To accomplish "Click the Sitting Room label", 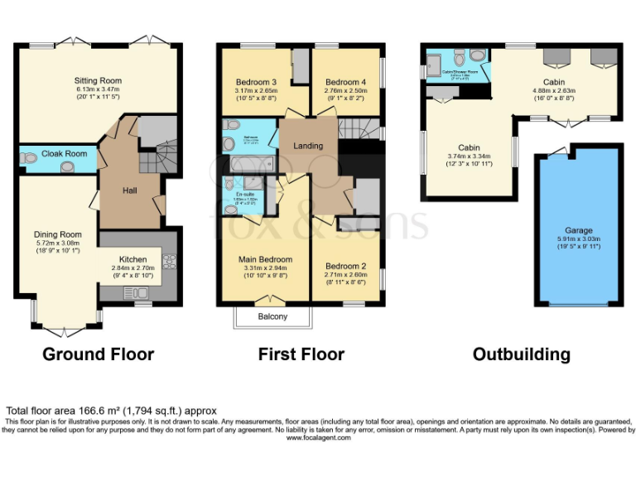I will (x=99, y=80).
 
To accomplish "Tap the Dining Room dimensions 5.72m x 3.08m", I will (x=57, y=243).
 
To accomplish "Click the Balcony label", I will (x=272, y=316).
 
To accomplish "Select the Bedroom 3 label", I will (x=256, y=82).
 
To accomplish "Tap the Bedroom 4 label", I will (x=344, y=82).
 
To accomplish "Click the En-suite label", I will (x=245, y=194).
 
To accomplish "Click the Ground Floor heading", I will (x=98, y=354).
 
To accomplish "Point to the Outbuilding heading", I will (x=521, y=354).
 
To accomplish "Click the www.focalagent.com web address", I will (x=318, y=437).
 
